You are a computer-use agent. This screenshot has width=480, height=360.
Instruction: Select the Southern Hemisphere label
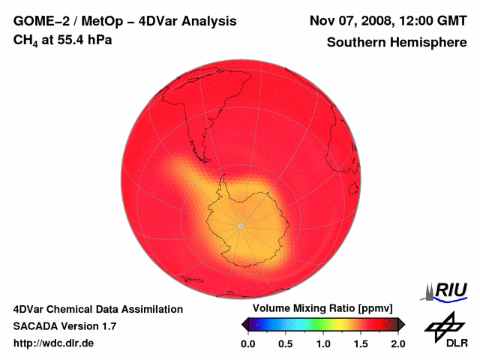coord(396,42)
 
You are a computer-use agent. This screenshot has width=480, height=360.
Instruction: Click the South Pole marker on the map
coord(240,226)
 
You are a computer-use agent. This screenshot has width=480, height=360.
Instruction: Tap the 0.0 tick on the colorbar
coord(247,343)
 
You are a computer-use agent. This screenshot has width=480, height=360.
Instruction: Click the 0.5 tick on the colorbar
coord(286,343)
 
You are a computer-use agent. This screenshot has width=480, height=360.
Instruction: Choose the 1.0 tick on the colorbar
coord(323,343)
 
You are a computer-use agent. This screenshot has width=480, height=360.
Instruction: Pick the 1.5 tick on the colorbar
coord(361,343)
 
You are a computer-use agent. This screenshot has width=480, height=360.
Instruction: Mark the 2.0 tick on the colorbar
coord(398,343)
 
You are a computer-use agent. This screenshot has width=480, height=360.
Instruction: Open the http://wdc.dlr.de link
coord(54,343)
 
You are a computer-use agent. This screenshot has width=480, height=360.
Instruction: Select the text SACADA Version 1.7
coord(64,326)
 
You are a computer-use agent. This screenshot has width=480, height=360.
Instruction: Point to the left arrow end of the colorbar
coord(244,324)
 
